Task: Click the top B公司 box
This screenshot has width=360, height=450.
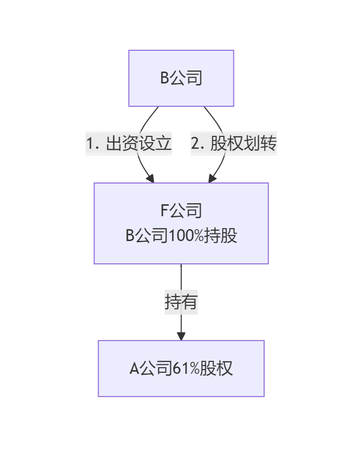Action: pos(181,78)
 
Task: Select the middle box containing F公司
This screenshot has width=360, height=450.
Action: pos(181,223)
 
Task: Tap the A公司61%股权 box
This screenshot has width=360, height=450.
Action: pos(181,369)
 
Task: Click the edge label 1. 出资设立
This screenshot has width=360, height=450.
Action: pos(129,144)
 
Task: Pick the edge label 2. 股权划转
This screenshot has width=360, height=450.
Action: pos(233,144)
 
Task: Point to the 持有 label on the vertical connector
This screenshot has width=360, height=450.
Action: pos(181,301)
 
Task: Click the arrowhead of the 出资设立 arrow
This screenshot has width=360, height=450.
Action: pos(150,179)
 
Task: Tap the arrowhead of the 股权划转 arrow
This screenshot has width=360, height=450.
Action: pos(212,179)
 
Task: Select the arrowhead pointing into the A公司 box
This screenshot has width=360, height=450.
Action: pos(181,336)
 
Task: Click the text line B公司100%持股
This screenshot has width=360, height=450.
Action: pos(181,236)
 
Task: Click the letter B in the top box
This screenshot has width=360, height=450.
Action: pos(164,78)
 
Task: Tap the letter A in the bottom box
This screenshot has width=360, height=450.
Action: pos(134,369)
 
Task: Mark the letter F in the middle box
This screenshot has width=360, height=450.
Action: pos(165,211)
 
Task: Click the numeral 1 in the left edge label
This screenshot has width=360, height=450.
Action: pos(91,144)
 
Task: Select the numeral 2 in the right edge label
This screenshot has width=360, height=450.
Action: pos(196,144)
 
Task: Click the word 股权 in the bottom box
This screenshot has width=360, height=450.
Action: pos(219,369)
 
